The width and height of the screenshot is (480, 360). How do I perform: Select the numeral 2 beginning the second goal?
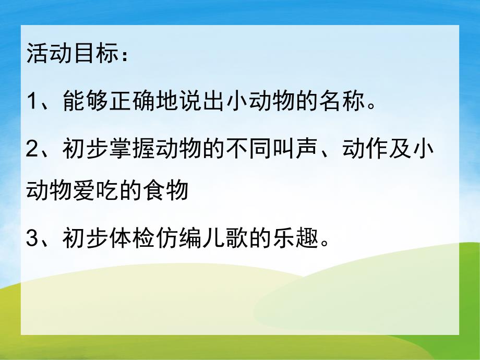tap(33, 149)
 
